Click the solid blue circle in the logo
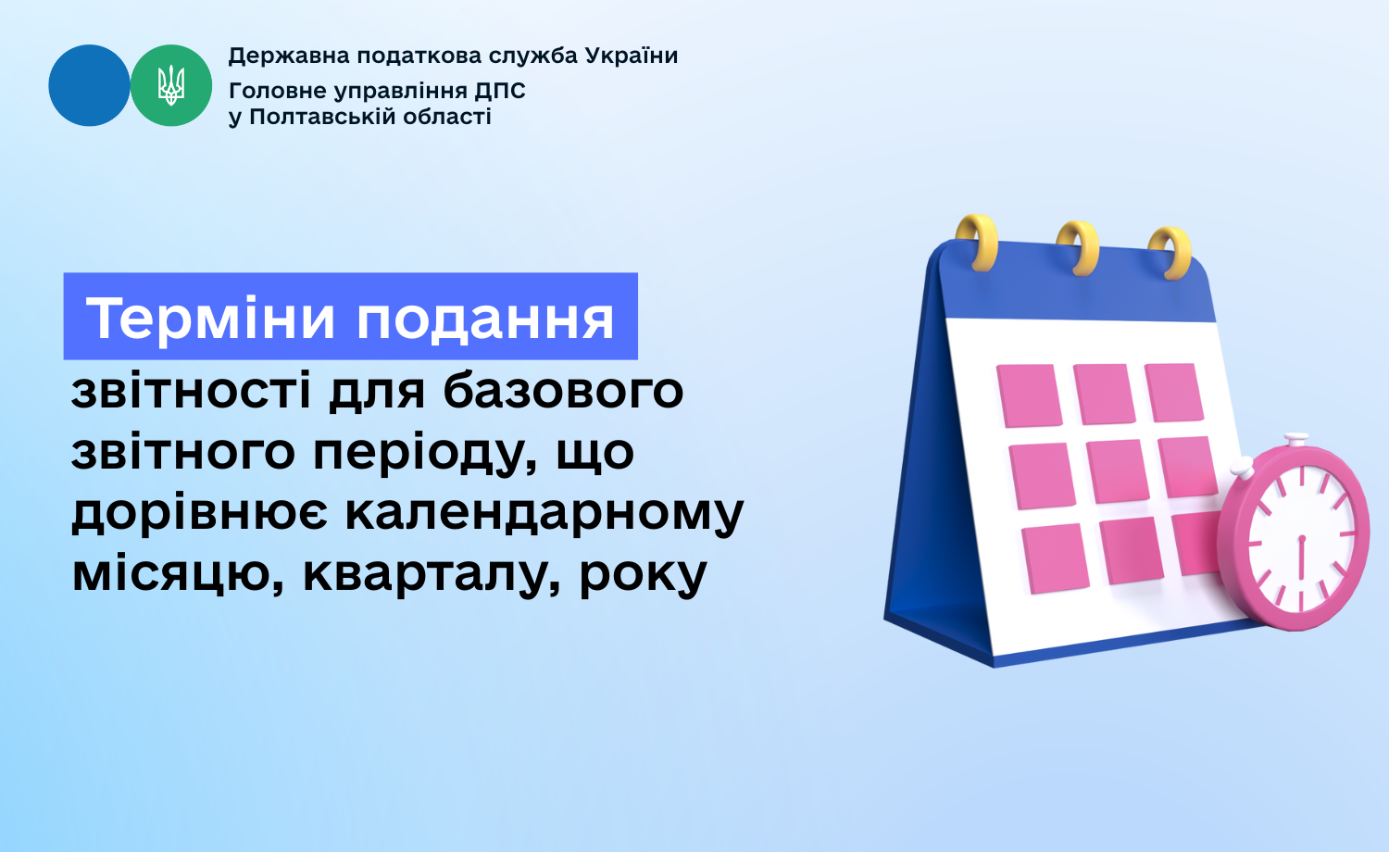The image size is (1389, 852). click(89, 85)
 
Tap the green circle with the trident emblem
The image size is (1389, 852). click(171, 85)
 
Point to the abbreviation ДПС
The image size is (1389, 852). click(500, 92)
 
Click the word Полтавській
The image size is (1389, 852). click(322, 117)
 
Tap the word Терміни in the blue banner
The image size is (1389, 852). click(210, 318)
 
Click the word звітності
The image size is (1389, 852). click(191, 391)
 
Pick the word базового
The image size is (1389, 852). click(563, 391)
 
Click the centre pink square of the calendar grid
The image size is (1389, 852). click(1118, 471)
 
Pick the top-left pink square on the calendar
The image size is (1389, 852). click(1029, 395)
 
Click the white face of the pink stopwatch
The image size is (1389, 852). click(1302, 538)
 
